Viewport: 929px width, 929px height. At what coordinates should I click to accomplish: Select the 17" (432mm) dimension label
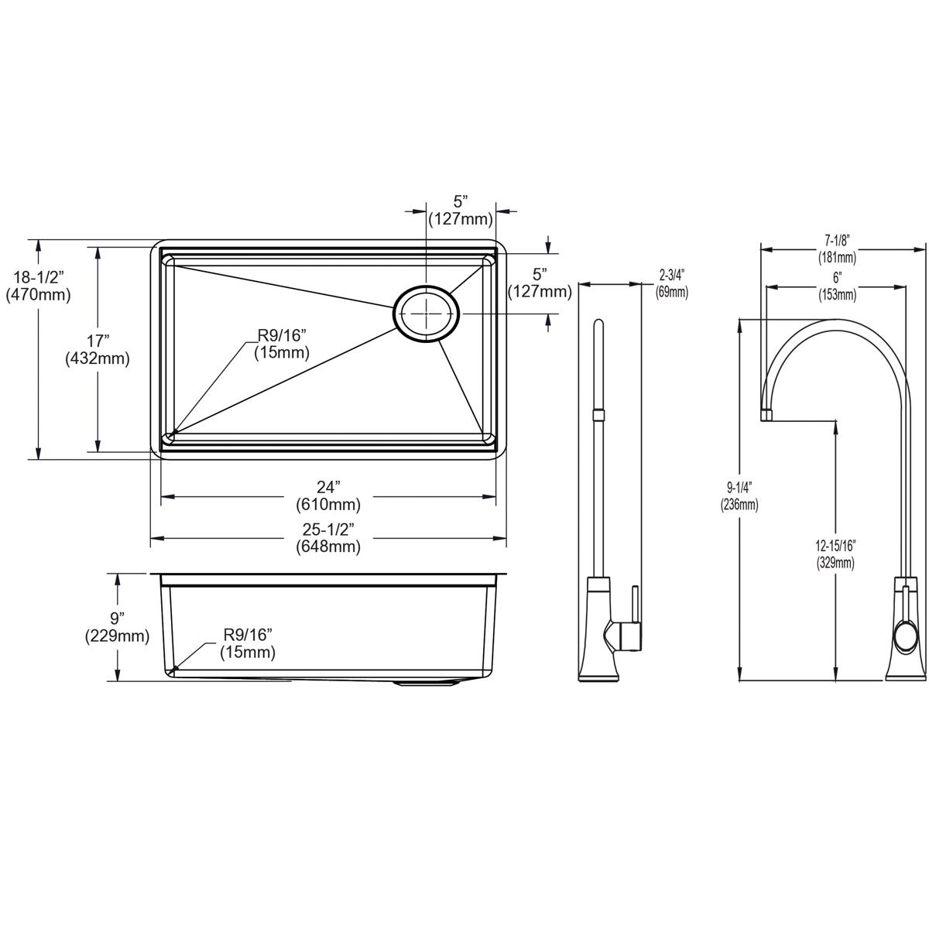tap(98, 349)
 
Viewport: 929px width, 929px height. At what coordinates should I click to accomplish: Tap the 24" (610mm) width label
tap(328, 496)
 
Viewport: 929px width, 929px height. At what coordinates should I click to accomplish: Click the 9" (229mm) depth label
tap(117, 627)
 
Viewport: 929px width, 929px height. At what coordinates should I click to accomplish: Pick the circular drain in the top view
tap(427, 314)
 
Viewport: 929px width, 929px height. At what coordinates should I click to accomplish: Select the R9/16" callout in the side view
tap(248, 643)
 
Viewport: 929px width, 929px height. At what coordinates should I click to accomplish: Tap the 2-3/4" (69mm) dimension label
tap(671, 283)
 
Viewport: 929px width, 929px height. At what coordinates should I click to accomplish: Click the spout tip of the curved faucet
tap(767, 415)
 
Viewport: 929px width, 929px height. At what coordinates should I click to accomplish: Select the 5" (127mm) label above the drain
tap(461, 210)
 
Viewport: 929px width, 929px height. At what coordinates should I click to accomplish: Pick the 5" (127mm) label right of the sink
tap(540, 283)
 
